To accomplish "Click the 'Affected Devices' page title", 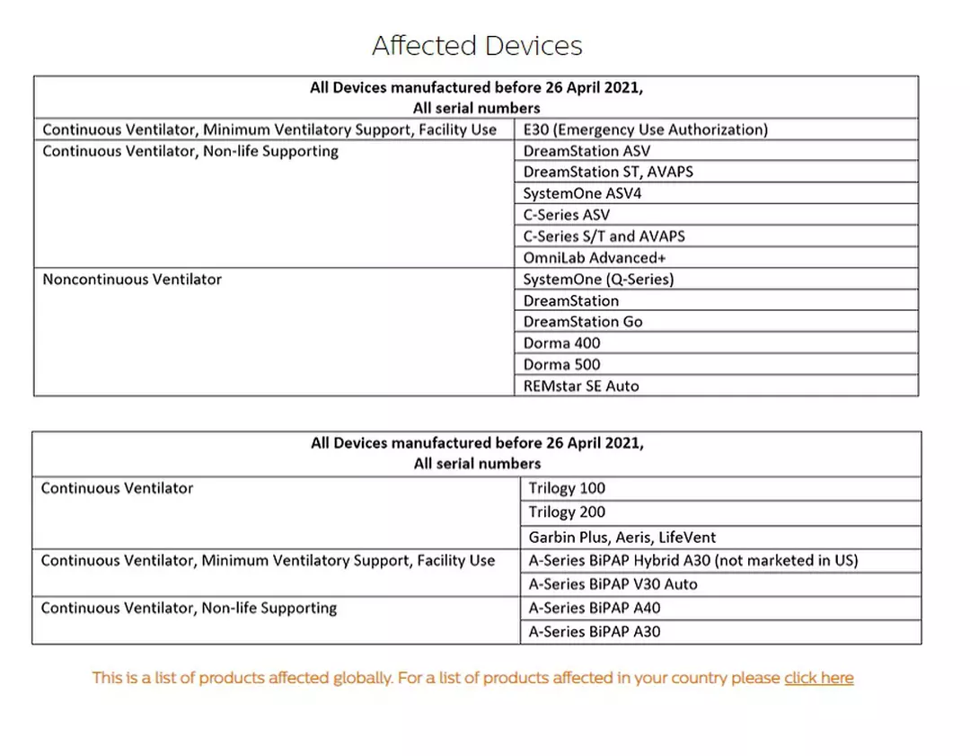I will [x=477, y=46].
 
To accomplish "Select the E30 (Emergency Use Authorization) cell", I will [x=646, y=129].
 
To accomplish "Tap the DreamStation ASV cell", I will [x=586, y=151].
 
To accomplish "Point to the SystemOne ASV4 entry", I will [x=582, y=193].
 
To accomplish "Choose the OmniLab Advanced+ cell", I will [x=595, y=258].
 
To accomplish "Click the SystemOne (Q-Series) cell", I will [x=598, y=280].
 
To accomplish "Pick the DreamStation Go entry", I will [x=583, y=322].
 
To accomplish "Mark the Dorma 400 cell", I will [x=562, y=343].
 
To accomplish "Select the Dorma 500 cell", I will [x=562, y=365].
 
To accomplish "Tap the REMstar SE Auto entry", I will [x=581, y=387].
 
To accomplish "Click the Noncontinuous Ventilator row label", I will [x=132, y=280].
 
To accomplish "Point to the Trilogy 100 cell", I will [x=567, y=488].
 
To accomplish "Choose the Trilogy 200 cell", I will [x=567, y=512].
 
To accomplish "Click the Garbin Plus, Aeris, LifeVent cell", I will [x=622, y=538].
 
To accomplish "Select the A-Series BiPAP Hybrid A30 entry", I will [x=693, y=561].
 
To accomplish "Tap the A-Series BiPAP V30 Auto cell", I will [x=613, y=584].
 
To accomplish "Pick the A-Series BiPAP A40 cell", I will [x=595, y=609].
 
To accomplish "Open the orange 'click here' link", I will [x=818, y=678].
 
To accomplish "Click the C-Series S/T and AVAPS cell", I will [x=604, y=236].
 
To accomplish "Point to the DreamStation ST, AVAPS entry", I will [x=608, y=172].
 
